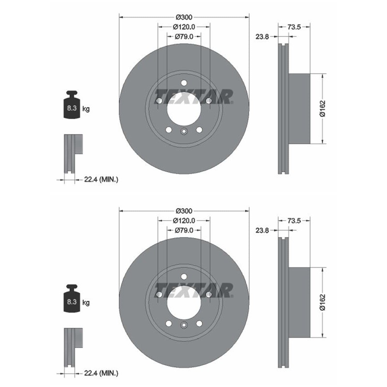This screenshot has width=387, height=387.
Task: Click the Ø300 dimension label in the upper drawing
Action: click(184, 17)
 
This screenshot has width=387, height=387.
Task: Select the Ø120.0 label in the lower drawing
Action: click(184, 220)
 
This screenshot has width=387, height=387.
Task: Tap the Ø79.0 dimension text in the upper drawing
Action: click(184, 36)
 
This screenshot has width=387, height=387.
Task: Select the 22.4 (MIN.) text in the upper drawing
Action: click(101, 179)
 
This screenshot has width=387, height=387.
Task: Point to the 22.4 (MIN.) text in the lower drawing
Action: click(101, 373)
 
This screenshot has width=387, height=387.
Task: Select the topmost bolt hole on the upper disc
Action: click(184, 83)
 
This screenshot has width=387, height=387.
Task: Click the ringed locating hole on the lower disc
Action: click(184, 325)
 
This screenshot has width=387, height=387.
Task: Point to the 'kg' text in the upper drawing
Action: click(86, 109)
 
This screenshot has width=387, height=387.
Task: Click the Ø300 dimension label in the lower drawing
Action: click(184, 211)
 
